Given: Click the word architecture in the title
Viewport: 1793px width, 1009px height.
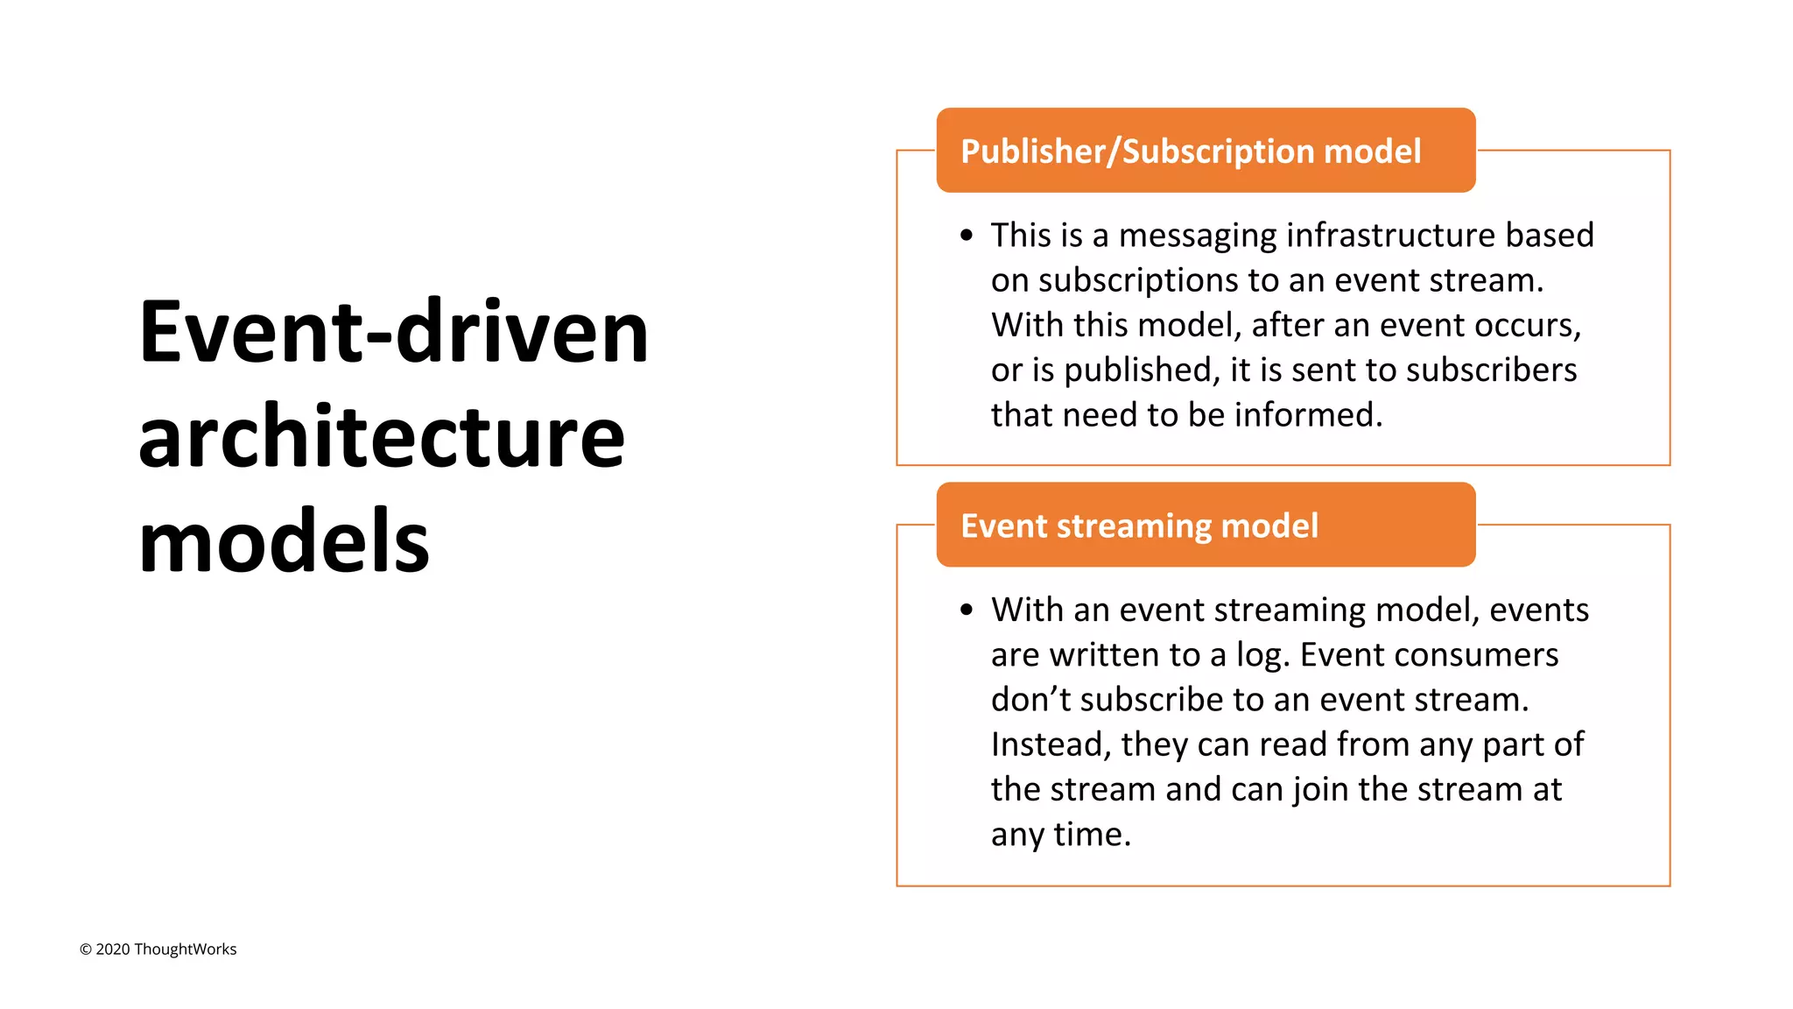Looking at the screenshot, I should click(382, 438).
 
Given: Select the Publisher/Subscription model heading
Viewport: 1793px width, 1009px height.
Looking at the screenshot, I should click(1191, 152).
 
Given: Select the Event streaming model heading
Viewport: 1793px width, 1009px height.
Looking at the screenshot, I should click(1139, 526).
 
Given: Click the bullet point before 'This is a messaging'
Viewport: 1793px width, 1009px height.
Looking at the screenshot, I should click(967, 236).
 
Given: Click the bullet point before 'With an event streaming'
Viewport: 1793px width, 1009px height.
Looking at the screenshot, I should click(967, 610).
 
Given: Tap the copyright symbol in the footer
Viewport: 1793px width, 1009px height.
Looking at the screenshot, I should click(86, 950).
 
